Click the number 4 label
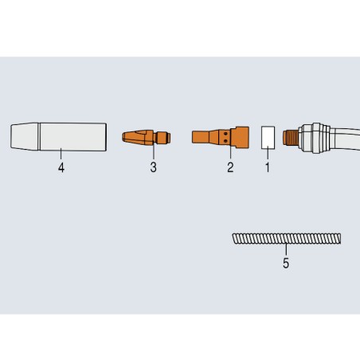pos(61,167)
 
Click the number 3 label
pos(153,167)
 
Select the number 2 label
pos(230,167)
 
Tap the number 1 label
pos(268,167)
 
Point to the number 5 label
pos(286,263)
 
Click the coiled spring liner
pos(287,238)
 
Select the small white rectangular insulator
pos(268,137)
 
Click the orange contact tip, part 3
pos(146,138)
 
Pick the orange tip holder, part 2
pos(221,137)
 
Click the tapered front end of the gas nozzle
pos(25,136)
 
